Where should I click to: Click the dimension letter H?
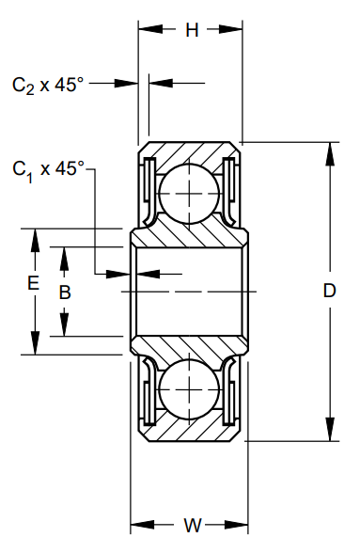(x=192, y=30)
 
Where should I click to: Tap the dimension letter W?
(x=193, y=526)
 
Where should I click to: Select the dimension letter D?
(x=329, y=291)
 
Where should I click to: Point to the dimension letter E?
(x=34, y=283)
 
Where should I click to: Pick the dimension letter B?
(x=65, y=292)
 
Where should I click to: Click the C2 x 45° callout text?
(x=48, y=86)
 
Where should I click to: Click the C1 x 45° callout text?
(x=48, y=170)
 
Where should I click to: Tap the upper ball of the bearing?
(x=189, y=194)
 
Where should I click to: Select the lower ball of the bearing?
(x=189, y=389)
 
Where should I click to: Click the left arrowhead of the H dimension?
(x=150, y=30)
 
